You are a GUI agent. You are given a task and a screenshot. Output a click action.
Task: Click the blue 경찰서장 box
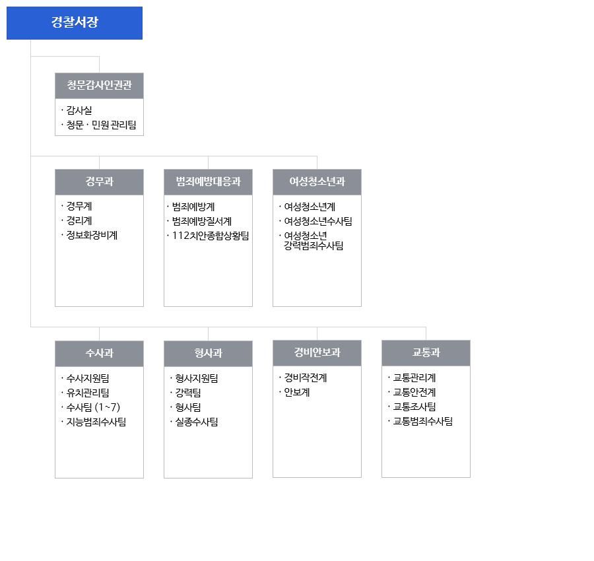75,23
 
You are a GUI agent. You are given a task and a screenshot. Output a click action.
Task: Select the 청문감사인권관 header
99,86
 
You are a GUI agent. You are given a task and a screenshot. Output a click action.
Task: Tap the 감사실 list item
79,110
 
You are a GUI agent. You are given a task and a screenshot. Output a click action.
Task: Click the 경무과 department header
99,181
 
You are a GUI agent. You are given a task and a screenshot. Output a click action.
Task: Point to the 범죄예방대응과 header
208,181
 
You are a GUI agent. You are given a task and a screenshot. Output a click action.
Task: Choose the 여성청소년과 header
317,181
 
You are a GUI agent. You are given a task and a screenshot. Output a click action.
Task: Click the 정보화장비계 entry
92,235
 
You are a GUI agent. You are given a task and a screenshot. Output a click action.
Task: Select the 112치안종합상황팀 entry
211,236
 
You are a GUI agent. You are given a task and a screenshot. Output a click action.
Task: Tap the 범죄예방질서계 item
202,221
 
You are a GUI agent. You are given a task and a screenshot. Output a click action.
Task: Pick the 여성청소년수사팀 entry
318,221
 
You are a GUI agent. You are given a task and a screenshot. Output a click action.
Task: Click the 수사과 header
99,353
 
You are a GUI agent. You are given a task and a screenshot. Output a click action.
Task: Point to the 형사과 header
208,353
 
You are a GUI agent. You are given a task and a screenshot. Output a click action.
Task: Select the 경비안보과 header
317,352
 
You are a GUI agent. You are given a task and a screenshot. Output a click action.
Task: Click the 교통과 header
426,352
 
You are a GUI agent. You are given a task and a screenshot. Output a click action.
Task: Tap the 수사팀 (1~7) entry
93,407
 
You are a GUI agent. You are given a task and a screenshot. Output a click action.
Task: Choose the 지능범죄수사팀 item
96,422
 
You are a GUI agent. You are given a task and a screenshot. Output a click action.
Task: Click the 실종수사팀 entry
197,422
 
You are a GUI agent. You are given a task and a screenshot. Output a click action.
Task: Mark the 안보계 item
297,392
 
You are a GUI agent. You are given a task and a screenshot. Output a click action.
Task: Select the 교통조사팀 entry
414,407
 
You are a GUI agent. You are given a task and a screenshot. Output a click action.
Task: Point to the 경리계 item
79,221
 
